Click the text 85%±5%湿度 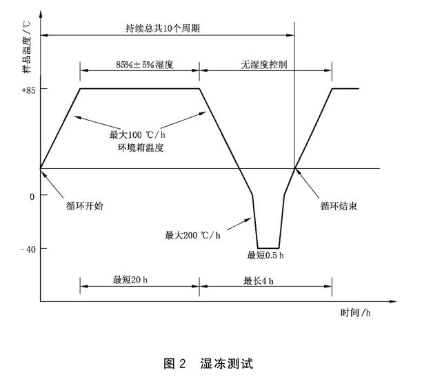pos(139,66)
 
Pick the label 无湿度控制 pos(266,66)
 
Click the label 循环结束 pos(339,205)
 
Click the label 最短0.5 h pos(268,256)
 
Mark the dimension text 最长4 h pos(261,281)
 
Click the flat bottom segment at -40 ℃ pos(268,248)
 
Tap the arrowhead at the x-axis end pos(396,301)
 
